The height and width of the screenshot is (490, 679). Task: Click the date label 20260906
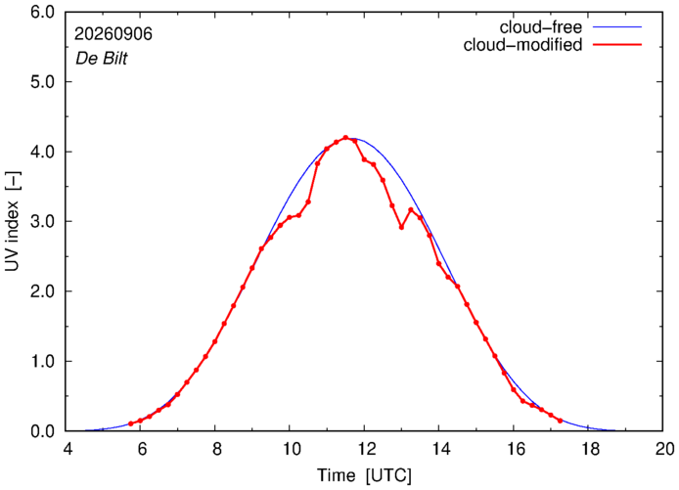coord(113,34)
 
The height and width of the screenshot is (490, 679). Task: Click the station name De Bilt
coord(102,59)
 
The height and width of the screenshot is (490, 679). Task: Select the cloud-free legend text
coord(541,27)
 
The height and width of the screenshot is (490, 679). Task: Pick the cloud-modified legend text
coord(522,45)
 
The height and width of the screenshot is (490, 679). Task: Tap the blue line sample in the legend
coord(617,26)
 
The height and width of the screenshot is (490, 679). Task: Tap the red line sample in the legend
coord(617,44)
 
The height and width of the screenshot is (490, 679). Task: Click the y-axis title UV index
coord(13,221)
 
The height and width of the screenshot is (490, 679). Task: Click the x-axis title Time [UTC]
coord(364,475)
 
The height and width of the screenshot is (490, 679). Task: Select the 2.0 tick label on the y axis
coord(42,291)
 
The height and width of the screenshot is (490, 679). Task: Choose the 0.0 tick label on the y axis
coord(42,431)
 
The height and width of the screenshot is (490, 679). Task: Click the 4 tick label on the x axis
coord(68,449)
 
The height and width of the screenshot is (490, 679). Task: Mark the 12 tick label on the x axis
coord(365,449)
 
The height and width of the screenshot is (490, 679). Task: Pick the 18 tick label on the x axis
coord(589,449)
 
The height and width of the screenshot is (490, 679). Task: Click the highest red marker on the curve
coord(345,138)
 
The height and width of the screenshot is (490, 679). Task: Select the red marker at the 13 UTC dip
coord(402,227)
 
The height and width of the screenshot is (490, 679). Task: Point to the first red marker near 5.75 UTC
coord(131,423)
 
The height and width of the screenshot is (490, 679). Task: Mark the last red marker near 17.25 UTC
coord(560,421)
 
